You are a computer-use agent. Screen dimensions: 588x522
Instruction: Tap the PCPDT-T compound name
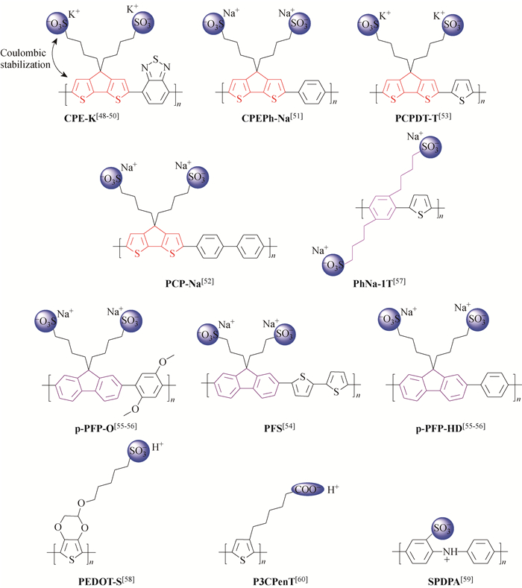[x=423, y=116]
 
